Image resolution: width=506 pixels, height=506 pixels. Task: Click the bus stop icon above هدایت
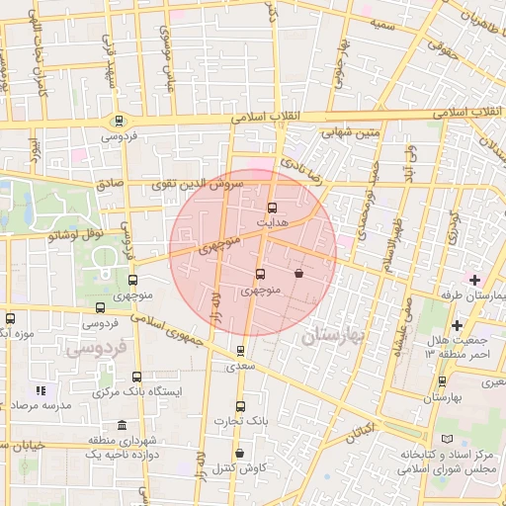point(273,208)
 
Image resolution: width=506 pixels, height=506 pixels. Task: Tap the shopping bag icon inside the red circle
point(298,274)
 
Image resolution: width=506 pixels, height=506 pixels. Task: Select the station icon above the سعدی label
point(241,350)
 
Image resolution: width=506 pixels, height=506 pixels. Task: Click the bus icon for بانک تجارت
point(239,406)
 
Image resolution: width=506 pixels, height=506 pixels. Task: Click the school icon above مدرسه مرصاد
point(41,390)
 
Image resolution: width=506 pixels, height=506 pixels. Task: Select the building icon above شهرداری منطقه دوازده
point(122,425)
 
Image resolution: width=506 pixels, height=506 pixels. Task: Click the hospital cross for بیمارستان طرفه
point(474,281)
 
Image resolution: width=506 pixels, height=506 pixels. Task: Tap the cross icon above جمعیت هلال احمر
point(457,324)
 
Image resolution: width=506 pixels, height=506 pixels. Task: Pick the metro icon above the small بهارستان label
point(442,381)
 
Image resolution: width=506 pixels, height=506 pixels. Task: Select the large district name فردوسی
point(94,349)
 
